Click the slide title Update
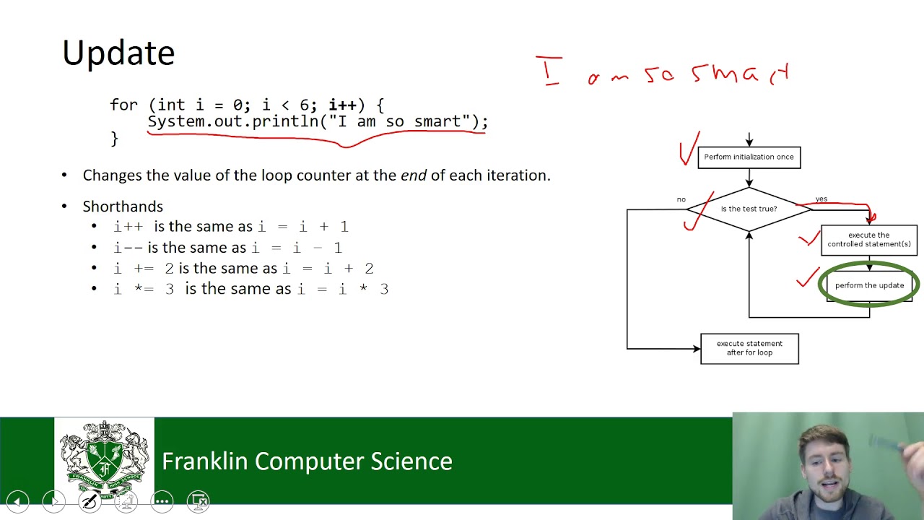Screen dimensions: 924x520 click(118, 53)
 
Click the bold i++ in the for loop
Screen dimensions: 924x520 click(342, 105)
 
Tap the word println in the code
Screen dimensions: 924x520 click(285, 122)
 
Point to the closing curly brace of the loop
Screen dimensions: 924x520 click(114, 139)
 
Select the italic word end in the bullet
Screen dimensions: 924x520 click(414, 175)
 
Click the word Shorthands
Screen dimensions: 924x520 click(123, 207)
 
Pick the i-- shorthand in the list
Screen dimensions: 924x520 click(128, 248)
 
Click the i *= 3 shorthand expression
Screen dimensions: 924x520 click(144, 289)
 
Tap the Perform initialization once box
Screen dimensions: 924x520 click(749, 157)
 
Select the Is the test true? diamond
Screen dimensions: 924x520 click(749, 209)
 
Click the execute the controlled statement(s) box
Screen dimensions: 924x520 click(869, 240)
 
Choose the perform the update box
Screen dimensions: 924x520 click(869, 285)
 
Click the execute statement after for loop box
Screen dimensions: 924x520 click(749, 349)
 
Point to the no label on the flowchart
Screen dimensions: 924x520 click(681, 200)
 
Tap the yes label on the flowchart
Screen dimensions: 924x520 click(821, 199)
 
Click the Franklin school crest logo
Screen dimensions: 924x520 click(105, 459)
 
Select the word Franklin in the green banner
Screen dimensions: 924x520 click(204, 461)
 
